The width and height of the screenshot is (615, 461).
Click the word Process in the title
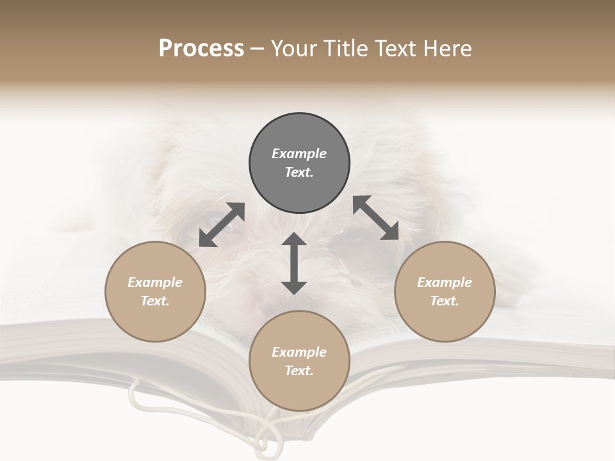[201, 49]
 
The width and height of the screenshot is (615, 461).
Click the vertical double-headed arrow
[294, 264]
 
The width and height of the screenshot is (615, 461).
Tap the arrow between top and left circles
[222, 225]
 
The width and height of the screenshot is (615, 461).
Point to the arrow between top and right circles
[376, 218]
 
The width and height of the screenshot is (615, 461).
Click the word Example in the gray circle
[299, 154]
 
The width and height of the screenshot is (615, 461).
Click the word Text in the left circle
[155, 301]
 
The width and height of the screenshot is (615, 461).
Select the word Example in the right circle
[445, 282]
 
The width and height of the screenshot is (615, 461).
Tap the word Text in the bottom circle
[299, 371]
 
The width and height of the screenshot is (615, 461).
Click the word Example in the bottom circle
[299, 352]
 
